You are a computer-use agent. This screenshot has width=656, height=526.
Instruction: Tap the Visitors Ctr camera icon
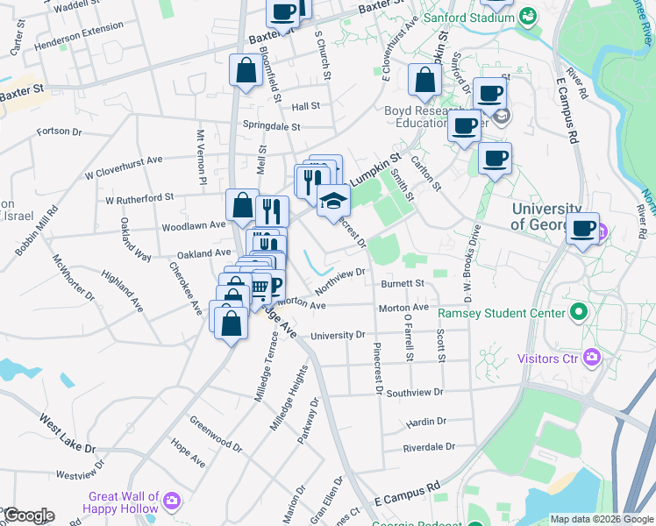592,357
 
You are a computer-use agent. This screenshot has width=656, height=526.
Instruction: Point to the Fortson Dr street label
59,132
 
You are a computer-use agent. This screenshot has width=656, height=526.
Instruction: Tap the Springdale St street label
271,126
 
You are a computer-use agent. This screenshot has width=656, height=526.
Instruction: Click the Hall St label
306,106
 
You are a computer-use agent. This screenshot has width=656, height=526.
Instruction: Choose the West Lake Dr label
67,434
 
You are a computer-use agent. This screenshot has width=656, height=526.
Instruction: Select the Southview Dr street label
415,393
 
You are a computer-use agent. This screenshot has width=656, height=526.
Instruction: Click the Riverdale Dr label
429,447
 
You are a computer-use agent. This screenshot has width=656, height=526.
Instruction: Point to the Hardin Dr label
427,422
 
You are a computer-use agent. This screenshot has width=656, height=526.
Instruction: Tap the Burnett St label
403,284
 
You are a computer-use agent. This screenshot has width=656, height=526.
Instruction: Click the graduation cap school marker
333,201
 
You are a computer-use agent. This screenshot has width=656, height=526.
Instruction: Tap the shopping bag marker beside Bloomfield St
246,70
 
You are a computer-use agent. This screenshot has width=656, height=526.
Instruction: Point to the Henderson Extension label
79,36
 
